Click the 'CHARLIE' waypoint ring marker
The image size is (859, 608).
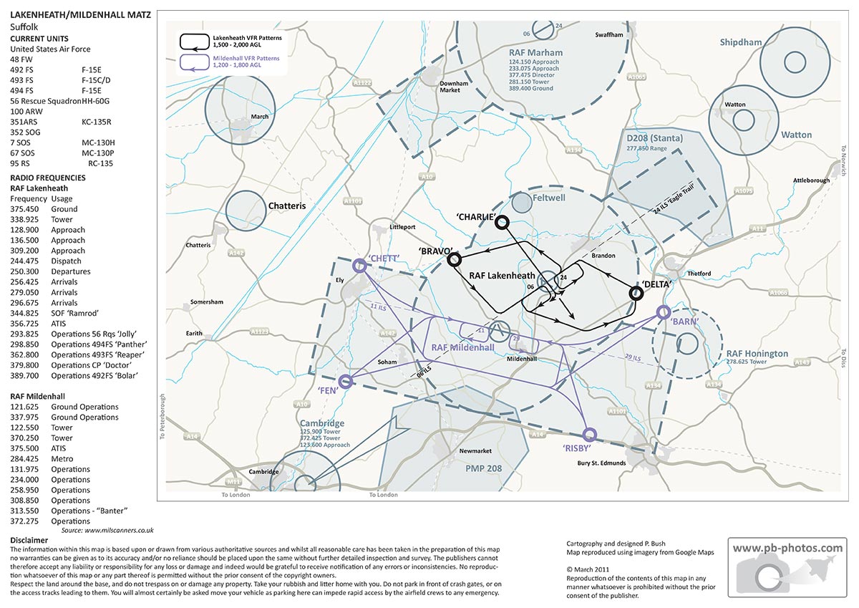502,222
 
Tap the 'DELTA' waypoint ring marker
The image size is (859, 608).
635,293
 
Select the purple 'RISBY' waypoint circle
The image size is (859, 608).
589,434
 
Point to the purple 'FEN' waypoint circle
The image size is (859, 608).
345,381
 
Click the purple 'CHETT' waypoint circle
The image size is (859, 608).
360,266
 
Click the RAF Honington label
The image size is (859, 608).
757,354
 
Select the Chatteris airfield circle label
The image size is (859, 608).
286,206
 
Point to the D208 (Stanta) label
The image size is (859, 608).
654,137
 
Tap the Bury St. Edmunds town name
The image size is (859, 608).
601,463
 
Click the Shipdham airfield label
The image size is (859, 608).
741,43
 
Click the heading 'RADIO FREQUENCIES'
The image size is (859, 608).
47,177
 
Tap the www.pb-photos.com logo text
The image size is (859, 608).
787,549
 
